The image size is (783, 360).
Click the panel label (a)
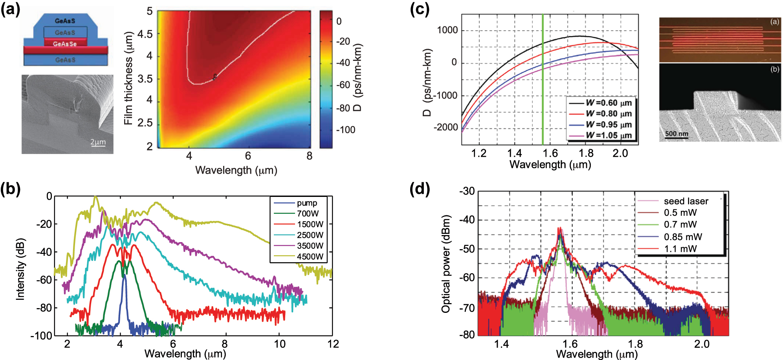[x=11, y=9]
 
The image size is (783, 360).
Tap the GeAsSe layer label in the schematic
[x=65, y=44]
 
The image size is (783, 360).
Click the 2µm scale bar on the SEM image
[x=98, y=142]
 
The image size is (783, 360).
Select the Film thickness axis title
[x=128, y=78]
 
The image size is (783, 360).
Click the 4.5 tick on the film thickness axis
[x=145, y=34]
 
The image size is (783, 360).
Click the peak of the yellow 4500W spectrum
[x=95, y=197]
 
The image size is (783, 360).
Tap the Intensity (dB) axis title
[x=20, y=269]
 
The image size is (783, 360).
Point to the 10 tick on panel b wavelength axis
[x=279, y=344]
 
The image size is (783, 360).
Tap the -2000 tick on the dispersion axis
[x=446, y=127]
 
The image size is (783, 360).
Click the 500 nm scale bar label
[x=677, y=134]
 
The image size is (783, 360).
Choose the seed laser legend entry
[x=686, y=201]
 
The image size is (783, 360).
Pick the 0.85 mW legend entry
[x=682, y=237]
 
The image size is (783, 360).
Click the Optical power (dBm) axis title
[x=446, y=264]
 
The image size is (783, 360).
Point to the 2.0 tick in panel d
[x=702, y=345]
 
